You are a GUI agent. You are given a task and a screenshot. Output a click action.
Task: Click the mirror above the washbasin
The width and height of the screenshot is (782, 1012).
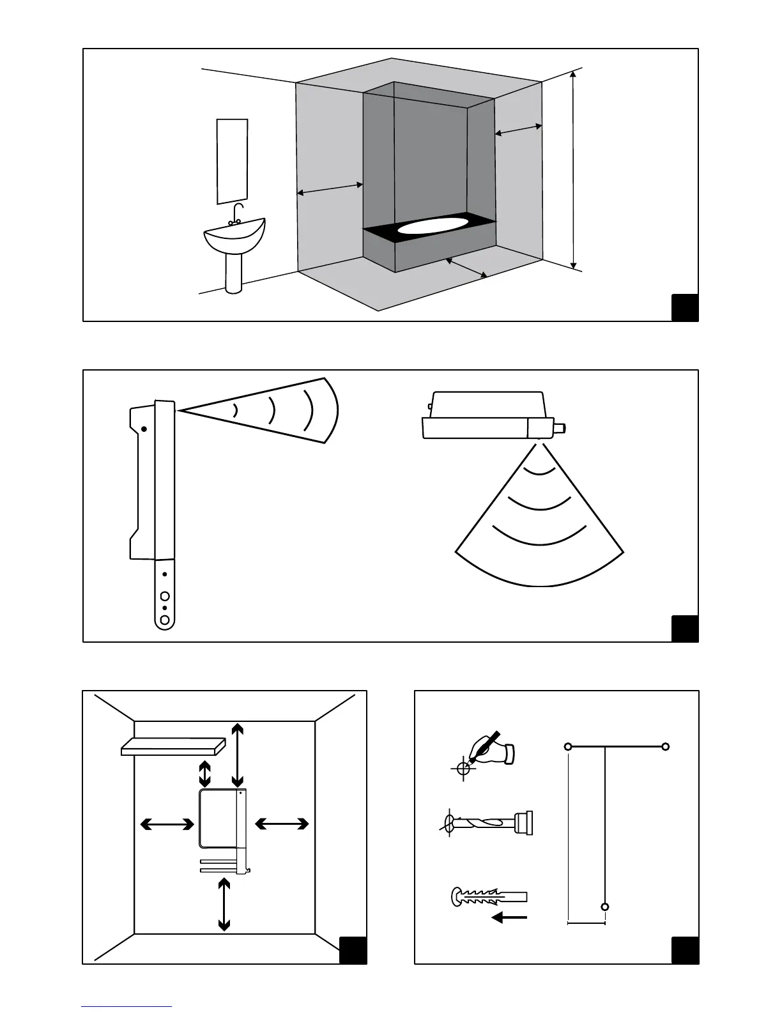(232, 161)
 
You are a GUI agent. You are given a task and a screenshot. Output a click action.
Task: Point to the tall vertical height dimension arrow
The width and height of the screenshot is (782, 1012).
(574, 169)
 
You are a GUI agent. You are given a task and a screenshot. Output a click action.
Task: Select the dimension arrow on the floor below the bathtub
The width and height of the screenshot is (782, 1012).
(466, 267)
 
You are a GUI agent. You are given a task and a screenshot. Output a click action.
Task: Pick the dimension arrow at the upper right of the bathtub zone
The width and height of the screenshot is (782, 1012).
(518, 130)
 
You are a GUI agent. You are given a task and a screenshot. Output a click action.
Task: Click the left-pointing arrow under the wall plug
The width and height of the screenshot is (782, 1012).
(509, 918)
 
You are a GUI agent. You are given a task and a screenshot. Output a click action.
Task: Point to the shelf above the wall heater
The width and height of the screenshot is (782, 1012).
(173, 746)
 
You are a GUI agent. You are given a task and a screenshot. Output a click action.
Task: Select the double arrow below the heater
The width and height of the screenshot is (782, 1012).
(224, 904)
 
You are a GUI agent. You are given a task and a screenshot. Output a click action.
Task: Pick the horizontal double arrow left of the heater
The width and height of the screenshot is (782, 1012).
(167, 825)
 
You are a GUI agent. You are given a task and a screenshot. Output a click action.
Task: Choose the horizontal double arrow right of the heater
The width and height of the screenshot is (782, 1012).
(282, 825)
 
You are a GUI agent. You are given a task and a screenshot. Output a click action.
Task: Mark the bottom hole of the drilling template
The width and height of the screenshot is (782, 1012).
(605, 907)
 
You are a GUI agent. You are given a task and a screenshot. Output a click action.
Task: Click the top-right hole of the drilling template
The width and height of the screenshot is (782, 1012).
(665, 746)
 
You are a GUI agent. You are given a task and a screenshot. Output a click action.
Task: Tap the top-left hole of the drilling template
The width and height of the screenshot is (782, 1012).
(567, 746)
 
